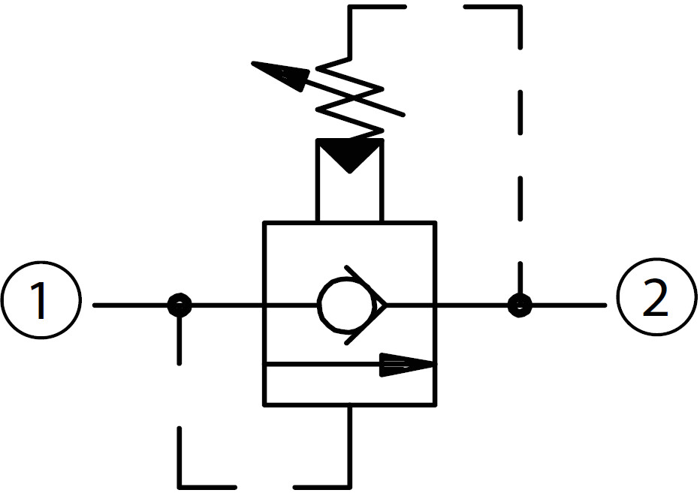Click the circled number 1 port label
coord(41,300)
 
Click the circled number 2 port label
coord(656,297)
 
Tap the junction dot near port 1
coord(180,305)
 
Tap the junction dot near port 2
coord(520,305)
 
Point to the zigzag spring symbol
coord(349,99)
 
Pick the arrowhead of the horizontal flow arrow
coord(407,365)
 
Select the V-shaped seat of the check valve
coord(366,305)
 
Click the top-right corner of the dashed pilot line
coord(520,7)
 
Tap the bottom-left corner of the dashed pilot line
coord(180,487)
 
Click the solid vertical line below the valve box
coord(349,446)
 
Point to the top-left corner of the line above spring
coord(349,7)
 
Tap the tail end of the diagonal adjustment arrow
coord(403,115)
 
